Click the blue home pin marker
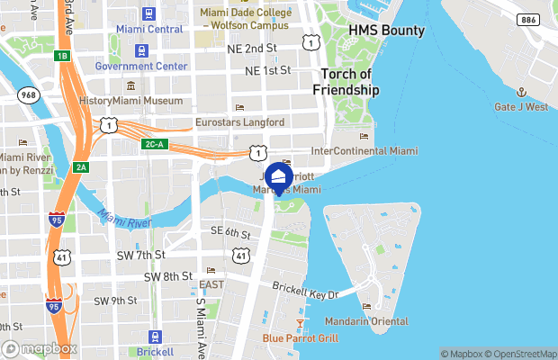click(x=279, y=176)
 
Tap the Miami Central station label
click(x=149, y=29)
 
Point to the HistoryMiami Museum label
click(x=132, y=101)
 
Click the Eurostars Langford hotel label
click(x=239, y=121)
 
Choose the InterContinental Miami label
click(x=364, y=150)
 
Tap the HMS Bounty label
click(x=386, y=31)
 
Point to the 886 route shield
click(x=529, y=19)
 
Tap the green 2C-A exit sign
click(x=153, y=144)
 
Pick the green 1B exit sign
click(x=61, y=56)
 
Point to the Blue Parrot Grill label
click(x=301, y=338)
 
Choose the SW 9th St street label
click(x=114, y=300)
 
